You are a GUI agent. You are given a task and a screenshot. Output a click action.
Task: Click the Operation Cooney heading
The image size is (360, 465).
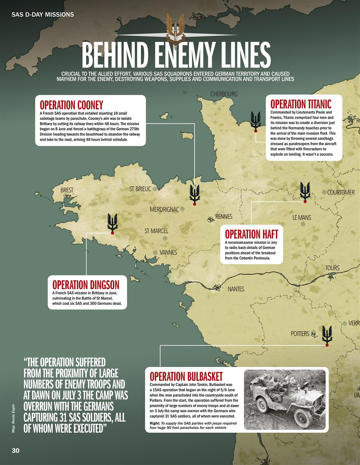point(71,105)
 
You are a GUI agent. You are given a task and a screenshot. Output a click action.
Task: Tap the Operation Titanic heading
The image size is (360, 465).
point(300,104)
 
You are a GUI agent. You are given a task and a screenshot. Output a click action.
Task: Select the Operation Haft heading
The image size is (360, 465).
point(251,234)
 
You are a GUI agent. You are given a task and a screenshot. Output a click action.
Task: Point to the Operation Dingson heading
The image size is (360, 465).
point(86,284)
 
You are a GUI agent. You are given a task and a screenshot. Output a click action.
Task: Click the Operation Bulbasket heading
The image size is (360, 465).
point(186,376)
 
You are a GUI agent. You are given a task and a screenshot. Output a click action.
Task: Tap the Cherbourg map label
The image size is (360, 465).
point(224,94)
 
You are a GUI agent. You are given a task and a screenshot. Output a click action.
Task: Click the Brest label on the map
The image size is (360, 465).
point(67,190)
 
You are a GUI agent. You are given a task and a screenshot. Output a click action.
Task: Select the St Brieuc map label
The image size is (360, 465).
point(140,189)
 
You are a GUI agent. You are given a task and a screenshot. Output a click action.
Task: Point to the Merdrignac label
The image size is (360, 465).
point(164,210)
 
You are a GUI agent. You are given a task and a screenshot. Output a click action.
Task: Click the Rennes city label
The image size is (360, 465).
point(224,217)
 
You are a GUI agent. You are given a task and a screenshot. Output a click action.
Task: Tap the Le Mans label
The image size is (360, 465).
point(302,218)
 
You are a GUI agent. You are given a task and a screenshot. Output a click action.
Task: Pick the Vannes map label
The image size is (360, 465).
point(168,252)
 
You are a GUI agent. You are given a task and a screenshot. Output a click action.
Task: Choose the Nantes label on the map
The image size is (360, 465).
point(236,289)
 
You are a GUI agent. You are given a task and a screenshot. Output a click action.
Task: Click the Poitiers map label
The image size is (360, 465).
point(300,333)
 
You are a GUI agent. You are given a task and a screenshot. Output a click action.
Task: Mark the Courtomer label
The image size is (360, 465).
point(341,192)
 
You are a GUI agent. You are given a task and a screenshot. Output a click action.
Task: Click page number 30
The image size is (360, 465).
point(16,450)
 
